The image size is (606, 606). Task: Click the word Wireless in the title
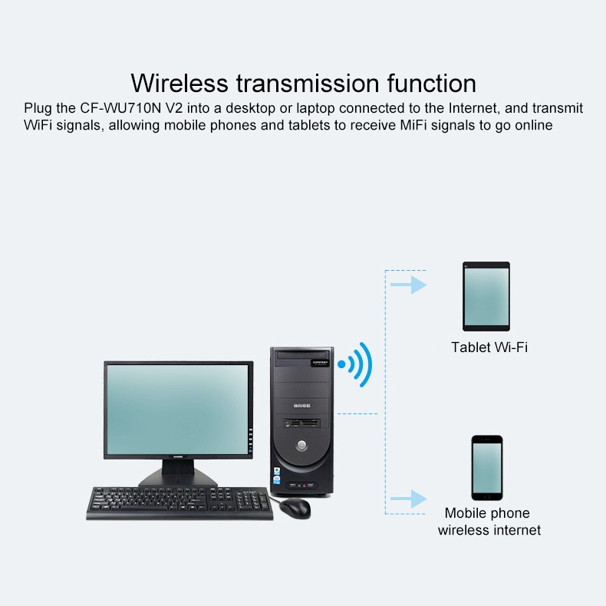179,83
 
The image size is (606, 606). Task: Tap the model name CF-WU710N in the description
120,108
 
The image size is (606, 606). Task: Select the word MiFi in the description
413,125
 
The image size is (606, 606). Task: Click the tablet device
486,296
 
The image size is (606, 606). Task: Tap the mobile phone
487,468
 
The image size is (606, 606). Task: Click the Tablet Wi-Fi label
489,347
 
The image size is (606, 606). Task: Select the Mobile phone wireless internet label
489,522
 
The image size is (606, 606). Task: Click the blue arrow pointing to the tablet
409,285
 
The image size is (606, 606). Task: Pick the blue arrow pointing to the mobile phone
409,499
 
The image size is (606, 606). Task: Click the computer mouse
295,508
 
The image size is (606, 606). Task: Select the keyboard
179,503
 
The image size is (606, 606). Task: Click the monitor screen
178,410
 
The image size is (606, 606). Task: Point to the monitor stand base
178,479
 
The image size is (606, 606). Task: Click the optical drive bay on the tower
302,356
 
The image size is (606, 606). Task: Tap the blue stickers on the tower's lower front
277,476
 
